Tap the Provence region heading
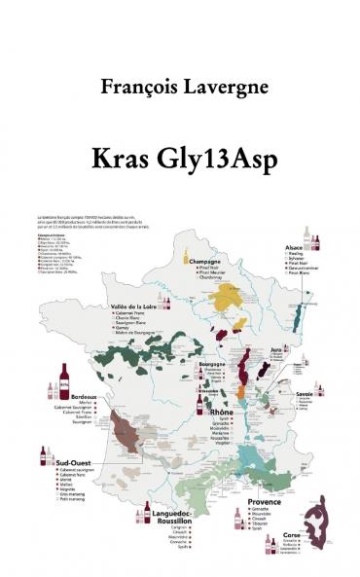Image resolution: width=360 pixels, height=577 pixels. [252, 502]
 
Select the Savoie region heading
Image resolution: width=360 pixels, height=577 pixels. [306, 393]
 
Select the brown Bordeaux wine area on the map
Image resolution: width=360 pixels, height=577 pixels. [127, 425]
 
